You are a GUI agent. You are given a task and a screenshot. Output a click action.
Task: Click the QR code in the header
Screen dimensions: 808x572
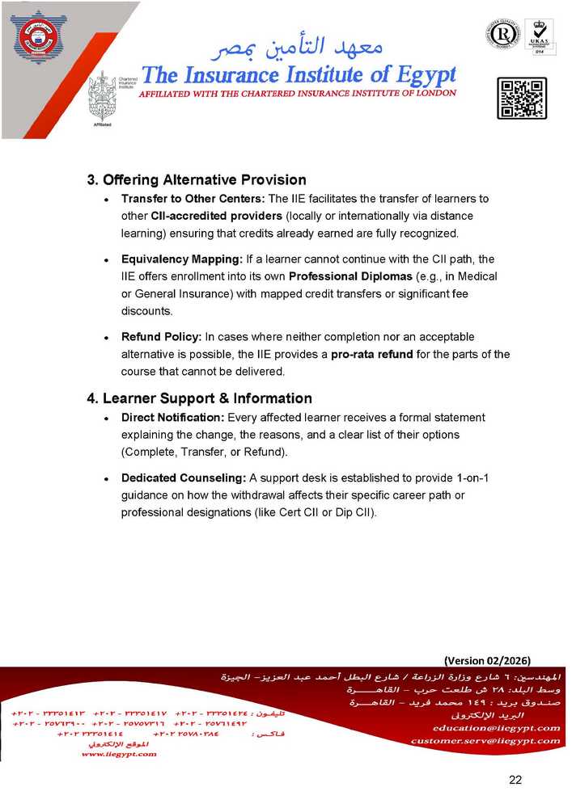pyautogui.click(x=521, y=99)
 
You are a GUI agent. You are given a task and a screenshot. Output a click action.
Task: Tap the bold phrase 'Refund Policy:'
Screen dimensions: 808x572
pyautogui.click(x=162, y=336)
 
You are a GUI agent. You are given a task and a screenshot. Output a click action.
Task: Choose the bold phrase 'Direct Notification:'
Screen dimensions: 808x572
pyautogui.click(x=172, y=418)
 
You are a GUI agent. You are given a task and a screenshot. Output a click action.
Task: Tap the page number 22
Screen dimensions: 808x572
pyautogui.click(x=515, y=780)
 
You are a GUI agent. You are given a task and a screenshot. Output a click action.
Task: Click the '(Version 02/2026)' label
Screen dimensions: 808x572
pyautogui.click(x=487, y=659)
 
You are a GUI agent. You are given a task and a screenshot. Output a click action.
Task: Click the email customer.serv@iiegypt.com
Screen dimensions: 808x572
pyautogui.click(x=485, y=740)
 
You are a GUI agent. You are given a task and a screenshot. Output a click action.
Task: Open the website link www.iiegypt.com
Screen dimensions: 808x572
pyautogui.click(x=119, y=754)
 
